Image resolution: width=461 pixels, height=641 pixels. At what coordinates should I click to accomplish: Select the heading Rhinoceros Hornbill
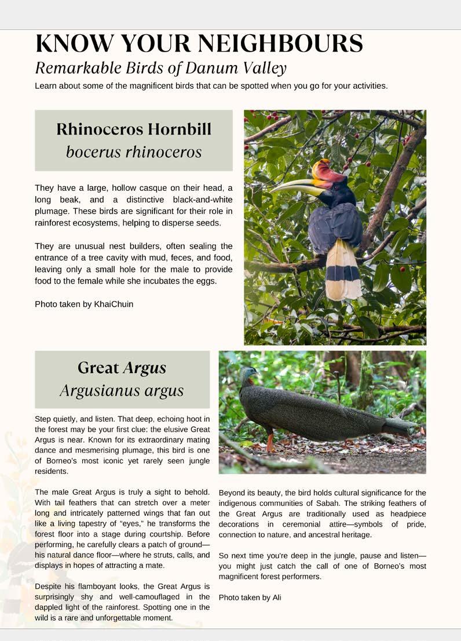click(x=134, y=129)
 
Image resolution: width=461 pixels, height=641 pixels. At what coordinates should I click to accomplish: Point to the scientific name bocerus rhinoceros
click(x=134, y=152)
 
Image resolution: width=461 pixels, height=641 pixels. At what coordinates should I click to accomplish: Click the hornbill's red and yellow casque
click(x=328, y=173)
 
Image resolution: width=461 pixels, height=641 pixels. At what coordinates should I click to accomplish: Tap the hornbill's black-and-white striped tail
click(x=343, y=270)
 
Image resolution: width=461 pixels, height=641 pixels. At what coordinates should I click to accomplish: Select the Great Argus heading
click(x=122, y=368)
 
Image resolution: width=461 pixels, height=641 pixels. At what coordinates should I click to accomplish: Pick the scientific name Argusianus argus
click(x=122, y=390)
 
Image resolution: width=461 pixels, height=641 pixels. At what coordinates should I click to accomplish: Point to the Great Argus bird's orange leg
click(x=270, y=442)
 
